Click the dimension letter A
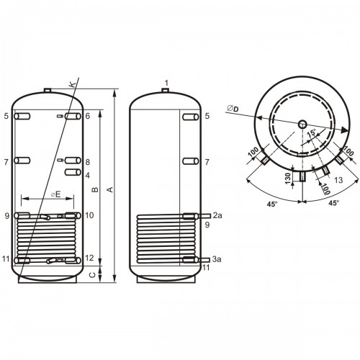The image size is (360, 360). (110, 189)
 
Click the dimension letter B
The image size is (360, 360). (95, 189)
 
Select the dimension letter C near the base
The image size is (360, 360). (92, 275)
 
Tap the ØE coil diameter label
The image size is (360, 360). (55, 194)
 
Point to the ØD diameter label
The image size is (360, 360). (233, 109)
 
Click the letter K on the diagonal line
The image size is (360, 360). (72, 84)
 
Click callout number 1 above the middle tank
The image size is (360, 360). (166, 84)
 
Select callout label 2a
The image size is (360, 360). (217, 215)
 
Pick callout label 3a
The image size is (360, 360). (217, 259)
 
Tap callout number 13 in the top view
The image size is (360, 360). (338, 180)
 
